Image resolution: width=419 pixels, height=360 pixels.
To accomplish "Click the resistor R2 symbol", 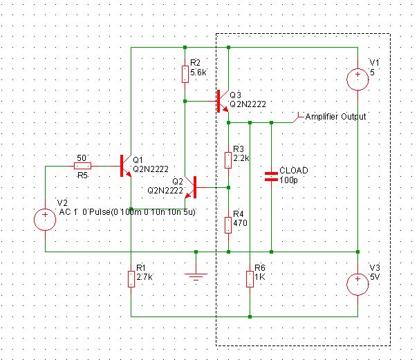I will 185,74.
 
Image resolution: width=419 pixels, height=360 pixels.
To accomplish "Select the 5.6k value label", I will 198,72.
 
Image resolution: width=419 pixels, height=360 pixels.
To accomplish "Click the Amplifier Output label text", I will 335,117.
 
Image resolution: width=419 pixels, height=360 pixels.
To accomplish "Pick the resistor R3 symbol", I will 228,160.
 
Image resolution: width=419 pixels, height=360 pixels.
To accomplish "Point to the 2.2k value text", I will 242,158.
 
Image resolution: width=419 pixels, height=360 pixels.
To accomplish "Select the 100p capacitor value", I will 288,180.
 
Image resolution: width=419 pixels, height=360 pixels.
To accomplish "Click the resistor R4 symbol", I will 228,225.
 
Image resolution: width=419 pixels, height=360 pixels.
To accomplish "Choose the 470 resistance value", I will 239,223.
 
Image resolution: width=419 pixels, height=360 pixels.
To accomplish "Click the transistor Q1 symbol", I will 125,166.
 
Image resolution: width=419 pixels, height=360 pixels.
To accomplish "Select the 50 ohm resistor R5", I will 82,166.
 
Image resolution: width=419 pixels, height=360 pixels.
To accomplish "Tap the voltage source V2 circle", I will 46,220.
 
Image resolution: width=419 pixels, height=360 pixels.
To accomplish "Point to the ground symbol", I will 197,276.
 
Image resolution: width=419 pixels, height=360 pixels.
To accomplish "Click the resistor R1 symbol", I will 131,278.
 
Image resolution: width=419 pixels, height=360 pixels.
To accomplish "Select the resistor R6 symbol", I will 250,278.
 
